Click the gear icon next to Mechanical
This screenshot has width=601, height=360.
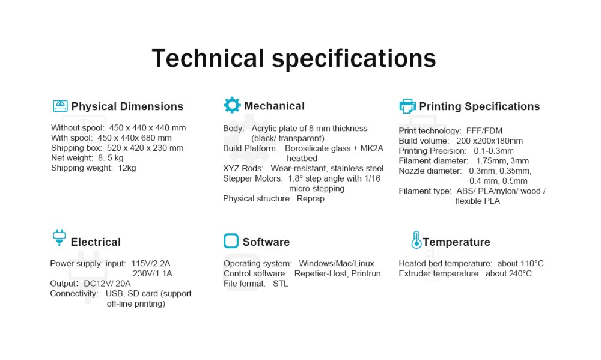pos(232,105)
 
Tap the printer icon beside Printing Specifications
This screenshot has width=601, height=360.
pos(407,106)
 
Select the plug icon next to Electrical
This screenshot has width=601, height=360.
pos(59,238)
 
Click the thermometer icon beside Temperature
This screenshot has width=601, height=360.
pos(416,240)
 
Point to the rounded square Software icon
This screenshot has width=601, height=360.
pos(231,241)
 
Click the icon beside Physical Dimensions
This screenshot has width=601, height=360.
pos(60,106)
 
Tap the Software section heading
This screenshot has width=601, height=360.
pos(266,242)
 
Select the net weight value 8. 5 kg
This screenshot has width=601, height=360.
pos(111,158)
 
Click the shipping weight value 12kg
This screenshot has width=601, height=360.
pos(127,168)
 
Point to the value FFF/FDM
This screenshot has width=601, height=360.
pos(484,131)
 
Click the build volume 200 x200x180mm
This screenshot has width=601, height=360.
pos(489,141)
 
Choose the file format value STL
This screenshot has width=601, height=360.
pos(280,284)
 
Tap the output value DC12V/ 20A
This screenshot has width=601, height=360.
pos(108,284)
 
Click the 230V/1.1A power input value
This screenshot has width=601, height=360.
pos(153,273)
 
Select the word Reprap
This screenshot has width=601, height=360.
pos(311,198)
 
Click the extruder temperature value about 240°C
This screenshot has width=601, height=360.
pos(508,273)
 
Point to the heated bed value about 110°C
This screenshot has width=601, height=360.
pos(520,264)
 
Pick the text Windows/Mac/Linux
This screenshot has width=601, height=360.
pos(337,264)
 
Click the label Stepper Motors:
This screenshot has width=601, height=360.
pos(253,178)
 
